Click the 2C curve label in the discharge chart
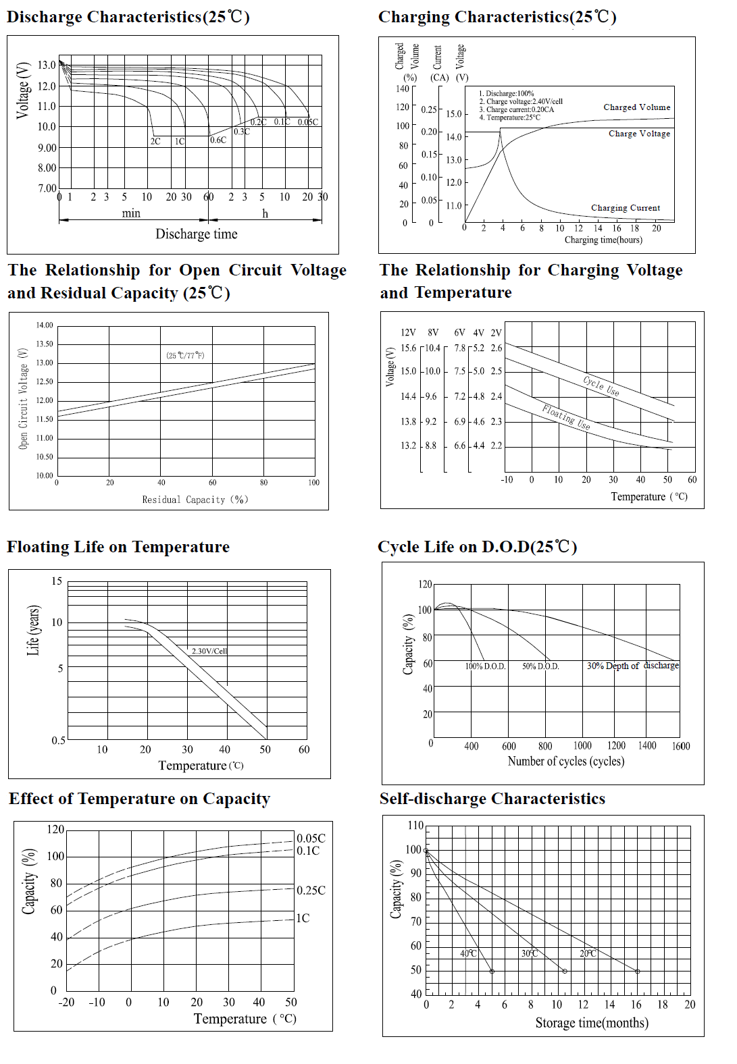155,141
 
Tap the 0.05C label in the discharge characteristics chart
308,122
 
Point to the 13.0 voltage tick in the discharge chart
47,65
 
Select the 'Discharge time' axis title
197,234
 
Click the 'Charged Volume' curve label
636,107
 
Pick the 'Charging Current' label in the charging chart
626,208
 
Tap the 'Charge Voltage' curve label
639,134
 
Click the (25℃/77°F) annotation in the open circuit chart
185,355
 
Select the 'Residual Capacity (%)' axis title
195,500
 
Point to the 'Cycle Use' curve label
601,385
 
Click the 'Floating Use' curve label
566,417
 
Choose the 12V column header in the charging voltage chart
408,332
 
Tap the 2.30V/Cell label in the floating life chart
209,651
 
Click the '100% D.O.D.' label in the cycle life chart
485,666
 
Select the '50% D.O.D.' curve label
540,666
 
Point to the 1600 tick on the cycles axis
681,746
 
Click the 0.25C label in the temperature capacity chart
311,890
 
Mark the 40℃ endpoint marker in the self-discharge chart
492,972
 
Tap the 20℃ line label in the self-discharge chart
588,953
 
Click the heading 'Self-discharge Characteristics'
492,799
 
